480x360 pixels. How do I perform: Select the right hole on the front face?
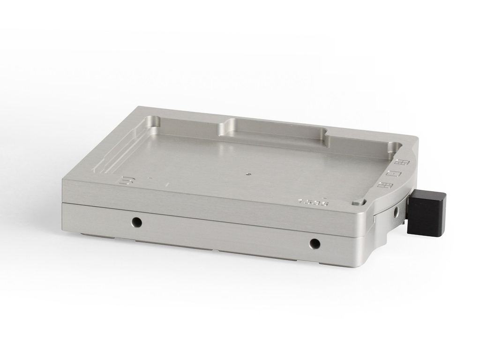pyautogui.click(x=315, y=243)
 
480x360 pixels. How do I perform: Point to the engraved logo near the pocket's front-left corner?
pyautogui.click(x=125, y=180)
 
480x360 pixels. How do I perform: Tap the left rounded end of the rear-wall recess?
pyautogui.click(x=225, y=126)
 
